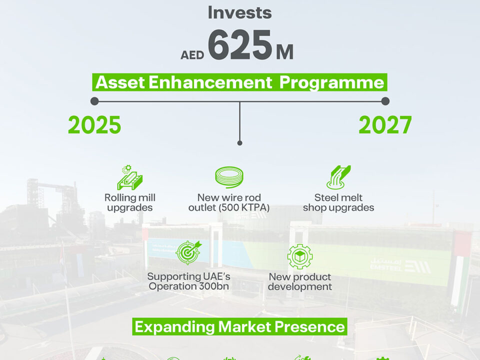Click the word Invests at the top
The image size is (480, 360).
[239, 13]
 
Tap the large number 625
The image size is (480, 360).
[240, 44]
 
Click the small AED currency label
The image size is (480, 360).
[192, 55]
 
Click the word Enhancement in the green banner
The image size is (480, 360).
[210, 82]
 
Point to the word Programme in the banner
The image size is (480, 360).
[332, 82]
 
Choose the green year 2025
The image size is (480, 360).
[94, 125]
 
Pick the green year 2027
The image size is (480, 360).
[385, 125]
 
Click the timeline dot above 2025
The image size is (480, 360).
[94, 101]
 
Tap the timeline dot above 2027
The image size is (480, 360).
[385, 101]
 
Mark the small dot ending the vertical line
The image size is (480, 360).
[239, 143]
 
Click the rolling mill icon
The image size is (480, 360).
[130, 177]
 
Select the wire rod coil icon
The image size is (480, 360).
[229, 177]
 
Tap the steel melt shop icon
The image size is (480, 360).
[338, 177]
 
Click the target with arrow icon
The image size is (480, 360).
[189, 252]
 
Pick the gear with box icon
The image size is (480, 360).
[300, 256]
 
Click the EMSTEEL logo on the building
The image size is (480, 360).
[400, 265]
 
